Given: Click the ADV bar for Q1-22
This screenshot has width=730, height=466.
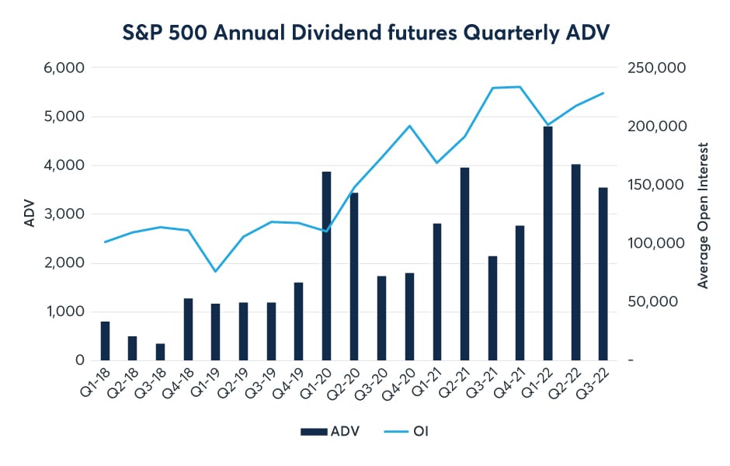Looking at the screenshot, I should click(548, 243).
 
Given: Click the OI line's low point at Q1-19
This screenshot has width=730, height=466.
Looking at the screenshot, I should click(216, 271).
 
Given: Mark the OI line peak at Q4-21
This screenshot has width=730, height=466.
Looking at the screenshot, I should click(520, 87).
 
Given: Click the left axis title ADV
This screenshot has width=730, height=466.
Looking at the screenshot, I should click(30, 214).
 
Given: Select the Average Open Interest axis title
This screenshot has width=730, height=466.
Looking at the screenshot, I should click(704, 214).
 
